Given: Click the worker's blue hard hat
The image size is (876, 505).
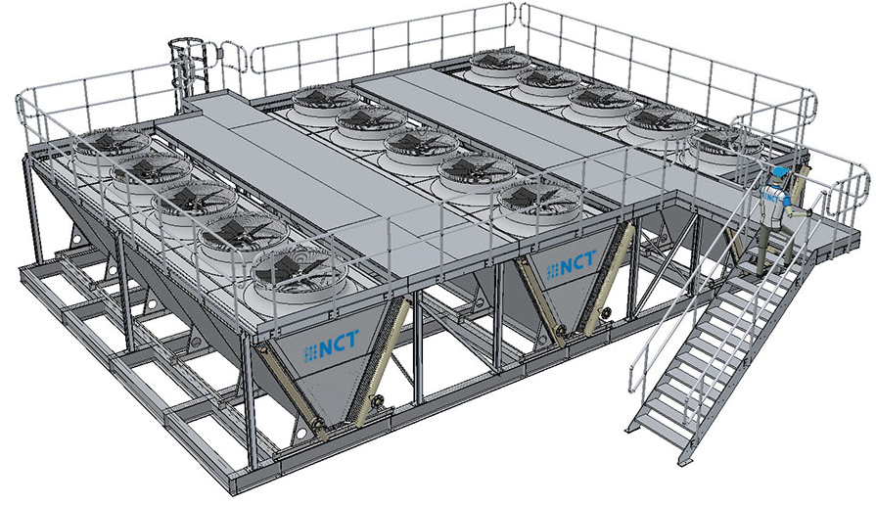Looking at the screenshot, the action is coord(779,171).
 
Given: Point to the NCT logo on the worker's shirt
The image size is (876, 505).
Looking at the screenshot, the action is coord(772,196).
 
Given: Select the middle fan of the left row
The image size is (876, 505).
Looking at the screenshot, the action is coord(195,200).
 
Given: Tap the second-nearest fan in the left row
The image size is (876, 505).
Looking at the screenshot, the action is coord(243,233).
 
